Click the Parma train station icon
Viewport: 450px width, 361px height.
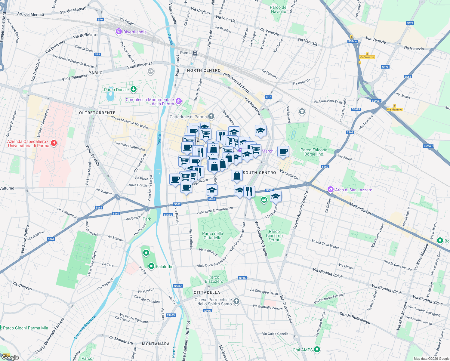195,53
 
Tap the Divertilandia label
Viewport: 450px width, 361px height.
135,32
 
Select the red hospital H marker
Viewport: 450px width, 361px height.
54,143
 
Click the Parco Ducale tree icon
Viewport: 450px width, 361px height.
134,89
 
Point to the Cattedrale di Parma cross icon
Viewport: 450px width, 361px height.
211,116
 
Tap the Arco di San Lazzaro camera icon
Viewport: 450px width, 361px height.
331,190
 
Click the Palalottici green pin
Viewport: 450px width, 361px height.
151,266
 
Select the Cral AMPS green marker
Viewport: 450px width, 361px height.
317,350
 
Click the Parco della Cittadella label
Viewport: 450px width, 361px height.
213,236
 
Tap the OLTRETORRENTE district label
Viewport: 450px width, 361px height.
97,113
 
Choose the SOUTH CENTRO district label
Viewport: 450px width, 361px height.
259,173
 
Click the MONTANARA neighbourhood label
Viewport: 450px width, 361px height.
156,344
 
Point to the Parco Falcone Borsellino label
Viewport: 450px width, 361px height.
314,152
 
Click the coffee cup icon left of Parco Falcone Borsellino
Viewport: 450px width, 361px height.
283,152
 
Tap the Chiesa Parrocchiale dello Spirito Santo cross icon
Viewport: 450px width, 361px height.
236,301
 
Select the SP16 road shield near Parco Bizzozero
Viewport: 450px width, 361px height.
242,278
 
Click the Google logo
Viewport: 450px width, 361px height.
10,357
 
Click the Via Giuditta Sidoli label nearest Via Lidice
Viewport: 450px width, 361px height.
328,273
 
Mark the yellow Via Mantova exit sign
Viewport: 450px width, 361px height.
395,110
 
